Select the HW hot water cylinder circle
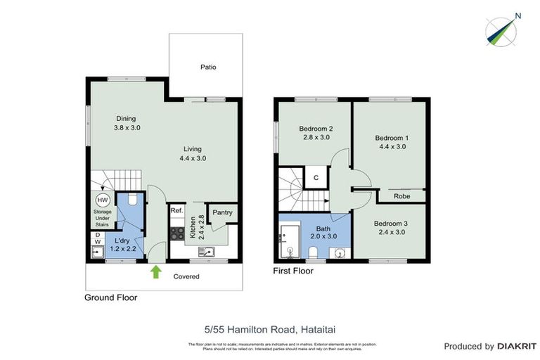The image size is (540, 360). pos(103,199)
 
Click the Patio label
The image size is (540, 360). pos(207,67)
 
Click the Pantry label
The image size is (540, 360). pos(222,212)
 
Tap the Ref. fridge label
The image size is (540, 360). pos(177,210)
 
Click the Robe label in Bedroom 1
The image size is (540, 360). pos(401,196)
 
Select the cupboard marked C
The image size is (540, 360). pos(316,177)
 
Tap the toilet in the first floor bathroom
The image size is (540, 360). pos(313,252)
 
